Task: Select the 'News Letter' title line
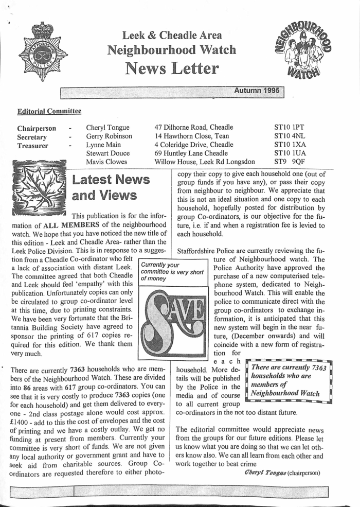(171, 67)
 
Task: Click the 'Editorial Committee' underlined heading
(49, 111)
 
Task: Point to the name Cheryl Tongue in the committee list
(107, 128)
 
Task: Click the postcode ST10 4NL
(290, 136)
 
